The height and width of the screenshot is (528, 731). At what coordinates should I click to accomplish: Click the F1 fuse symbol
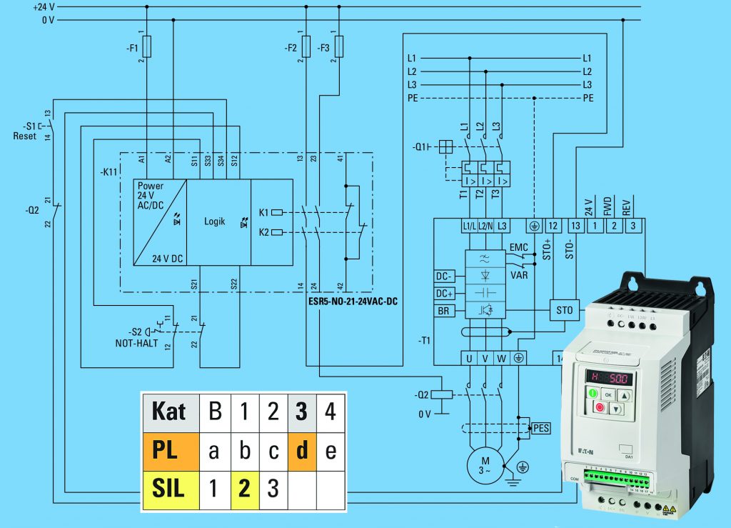(x=147, y=48)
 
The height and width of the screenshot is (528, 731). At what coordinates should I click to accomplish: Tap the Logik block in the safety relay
(x=214, y=221)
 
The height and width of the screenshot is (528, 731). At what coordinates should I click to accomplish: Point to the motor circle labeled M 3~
(x=484, y=465)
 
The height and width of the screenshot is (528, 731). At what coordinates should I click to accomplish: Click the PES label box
(x=541, y=428)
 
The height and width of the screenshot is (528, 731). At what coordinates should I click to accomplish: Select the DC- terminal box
(x=445, y=277)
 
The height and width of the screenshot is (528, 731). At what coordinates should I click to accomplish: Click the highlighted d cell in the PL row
(x=302, y=450)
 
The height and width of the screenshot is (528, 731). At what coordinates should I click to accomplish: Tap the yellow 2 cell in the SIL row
(x=244, y=489)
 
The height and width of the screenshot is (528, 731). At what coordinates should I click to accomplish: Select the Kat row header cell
(x=169, y=412)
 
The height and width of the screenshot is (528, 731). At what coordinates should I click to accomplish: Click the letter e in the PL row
(x=331, y=451)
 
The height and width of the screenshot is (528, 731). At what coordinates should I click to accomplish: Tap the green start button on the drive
(x=593, y=393)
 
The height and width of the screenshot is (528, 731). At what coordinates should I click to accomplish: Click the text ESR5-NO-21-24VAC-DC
(x=354, y=302)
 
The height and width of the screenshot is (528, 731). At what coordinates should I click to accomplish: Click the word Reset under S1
(x=25, y=136)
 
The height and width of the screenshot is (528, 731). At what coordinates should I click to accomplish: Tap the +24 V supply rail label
(x=43, y=6)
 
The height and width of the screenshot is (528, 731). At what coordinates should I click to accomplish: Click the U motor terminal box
(x=469, y=358)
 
